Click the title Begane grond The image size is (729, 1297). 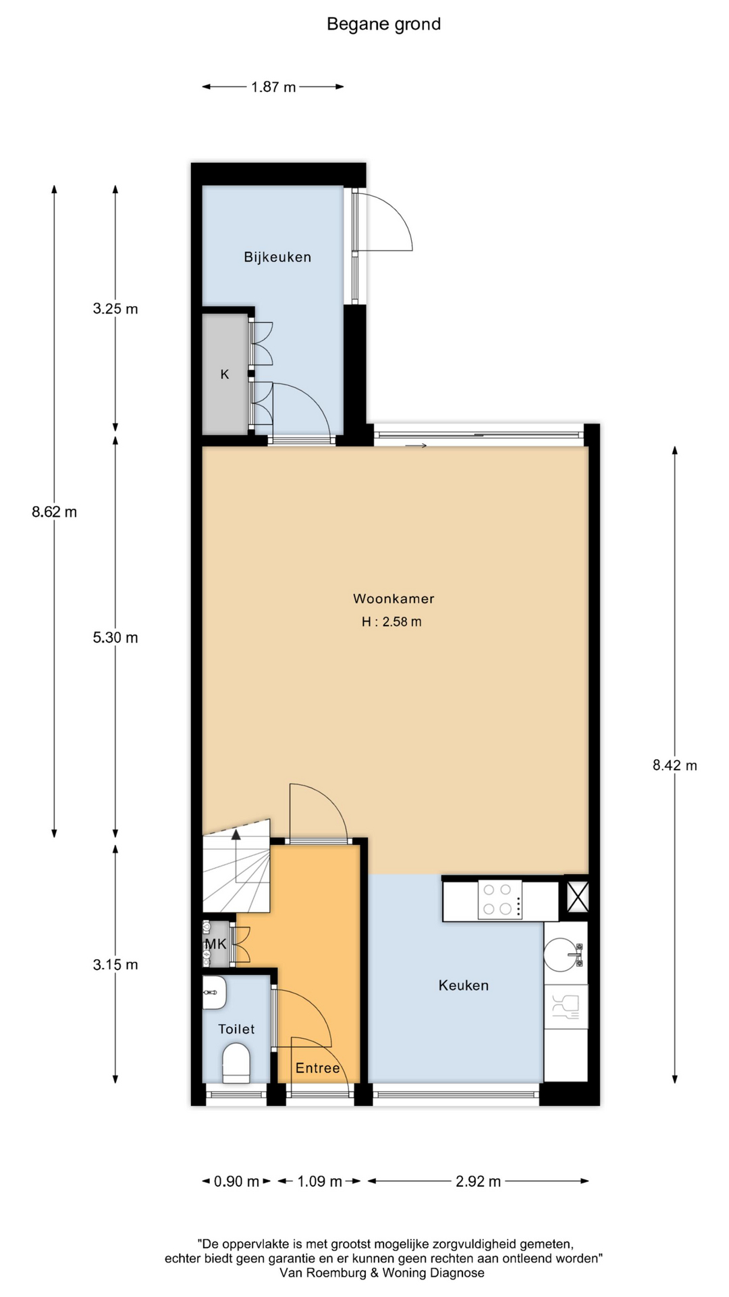(383, 24)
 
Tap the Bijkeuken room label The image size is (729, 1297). (277, 257)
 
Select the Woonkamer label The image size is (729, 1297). (394, 599)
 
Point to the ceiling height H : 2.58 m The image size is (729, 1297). (391, 621)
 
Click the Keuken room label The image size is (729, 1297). (463, 985)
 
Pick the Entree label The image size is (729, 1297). (317, 1068)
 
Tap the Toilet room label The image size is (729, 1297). (236, 1029)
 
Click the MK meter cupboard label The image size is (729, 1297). (216, 944)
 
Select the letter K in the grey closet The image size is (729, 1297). (225, 374)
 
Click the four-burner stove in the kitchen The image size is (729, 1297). (500, 900)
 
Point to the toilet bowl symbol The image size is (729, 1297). (236, 1063)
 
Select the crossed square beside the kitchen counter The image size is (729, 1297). (577, 895)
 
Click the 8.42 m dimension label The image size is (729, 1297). (674, 765)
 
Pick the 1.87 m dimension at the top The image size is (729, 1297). (273, 87)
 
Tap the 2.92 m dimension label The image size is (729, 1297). (479, 1181)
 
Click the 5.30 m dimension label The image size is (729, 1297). (115, 638)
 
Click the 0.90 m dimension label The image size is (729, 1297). (236, 1181)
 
